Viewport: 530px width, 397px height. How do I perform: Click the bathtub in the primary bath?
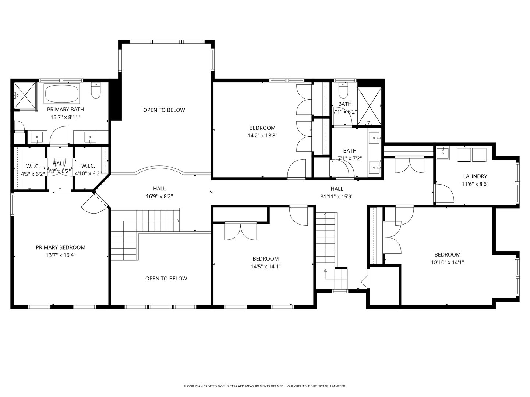pyautogui.click(x=62, y=94)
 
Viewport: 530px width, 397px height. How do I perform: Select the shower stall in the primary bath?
pyautogui.click(x=25, y=96)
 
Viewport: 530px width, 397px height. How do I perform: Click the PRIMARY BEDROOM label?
pyautogui.click(x=60, y=247)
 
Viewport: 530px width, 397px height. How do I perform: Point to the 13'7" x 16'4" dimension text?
pyautogui.click(x=60, y=255)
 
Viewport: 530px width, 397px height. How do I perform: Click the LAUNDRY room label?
pyautogui.click(x=475, y=176)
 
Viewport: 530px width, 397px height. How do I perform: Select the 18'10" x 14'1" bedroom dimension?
pyautogui.click(x=447, y=262)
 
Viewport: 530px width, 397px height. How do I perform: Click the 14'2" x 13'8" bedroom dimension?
pyautogui.click(x=262, y=135)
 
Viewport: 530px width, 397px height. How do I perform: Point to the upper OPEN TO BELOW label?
pyautogui.click(x=164, y=110)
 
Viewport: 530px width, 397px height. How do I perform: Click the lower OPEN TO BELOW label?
pyautogui.click(x=166, y=278)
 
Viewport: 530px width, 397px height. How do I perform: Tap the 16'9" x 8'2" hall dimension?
pyautogui.click(x=159, y=196)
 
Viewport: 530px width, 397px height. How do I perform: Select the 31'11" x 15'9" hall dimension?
pyautogui.click(x=337, y=196)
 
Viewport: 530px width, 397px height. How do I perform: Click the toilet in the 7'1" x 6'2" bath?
pyautogui.click(x=343, y=90)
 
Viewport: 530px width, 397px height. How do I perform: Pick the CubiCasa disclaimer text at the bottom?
pyautogui.click(x=265, y=386)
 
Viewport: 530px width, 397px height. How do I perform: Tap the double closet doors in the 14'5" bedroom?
pyautogui.click(x=240, y=232)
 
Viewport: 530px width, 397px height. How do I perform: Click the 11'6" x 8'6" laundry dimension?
pyautogui.click(x=475, y=184)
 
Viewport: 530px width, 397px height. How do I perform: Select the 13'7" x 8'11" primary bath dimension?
pyautogui.click(x=65, y=117)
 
